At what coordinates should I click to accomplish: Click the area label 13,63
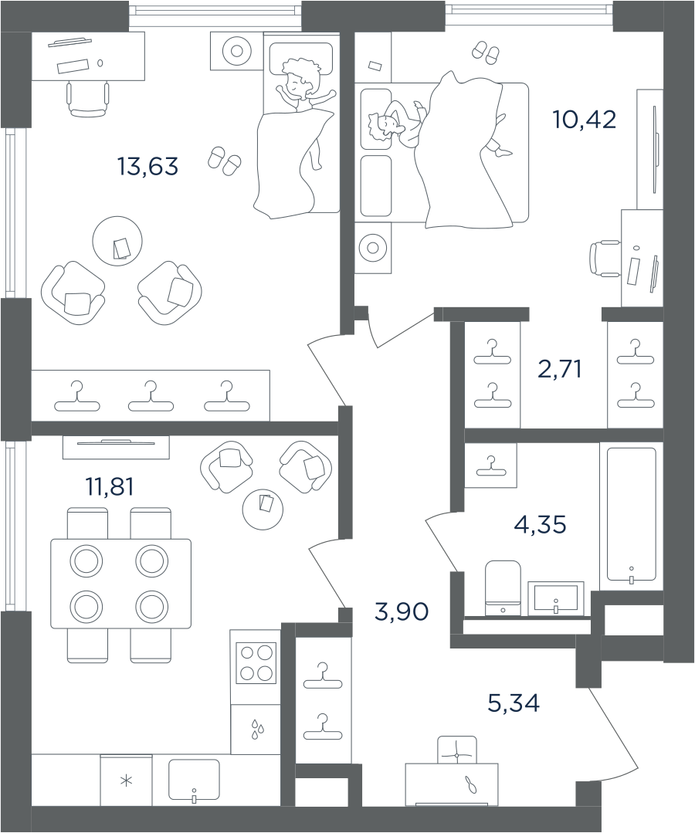[147, 167]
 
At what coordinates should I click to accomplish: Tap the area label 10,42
[585, 120]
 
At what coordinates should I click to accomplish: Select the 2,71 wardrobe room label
[560, 369]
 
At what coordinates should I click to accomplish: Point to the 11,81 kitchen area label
[110, 486]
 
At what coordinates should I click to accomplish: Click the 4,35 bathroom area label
[540, 525]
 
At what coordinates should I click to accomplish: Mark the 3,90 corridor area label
[402, 612]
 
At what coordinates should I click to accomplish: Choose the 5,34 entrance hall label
[514, 703]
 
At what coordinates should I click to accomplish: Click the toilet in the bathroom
[503, 588]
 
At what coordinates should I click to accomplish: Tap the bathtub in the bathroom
[631, 513]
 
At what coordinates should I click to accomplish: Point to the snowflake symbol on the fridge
[126, 781]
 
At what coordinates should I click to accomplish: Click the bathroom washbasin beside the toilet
[556, 598]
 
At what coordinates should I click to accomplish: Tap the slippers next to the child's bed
[224, 161]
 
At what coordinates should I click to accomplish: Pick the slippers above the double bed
[486, 52]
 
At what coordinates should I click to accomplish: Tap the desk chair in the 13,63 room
[88, 100]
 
